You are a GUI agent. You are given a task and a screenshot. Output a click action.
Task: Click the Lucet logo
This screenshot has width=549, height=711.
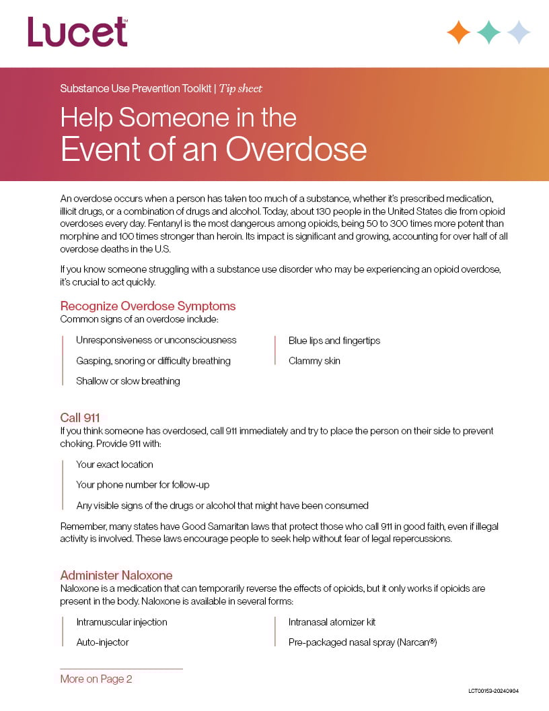point(77,32)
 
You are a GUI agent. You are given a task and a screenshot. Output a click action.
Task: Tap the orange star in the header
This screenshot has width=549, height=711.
point(459,32)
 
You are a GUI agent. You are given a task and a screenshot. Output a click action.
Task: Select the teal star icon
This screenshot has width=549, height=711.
point(488,32)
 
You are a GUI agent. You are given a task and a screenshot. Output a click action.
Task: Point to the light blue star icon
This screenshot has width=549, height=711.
point(518,32)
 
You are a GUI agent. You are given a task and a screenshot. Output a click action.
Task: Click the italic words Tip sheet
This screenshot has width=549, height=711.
point(241,89)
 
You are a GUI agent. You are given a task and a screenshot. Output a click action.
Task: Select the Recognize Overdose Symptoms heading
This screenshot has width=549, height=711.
point(148,306)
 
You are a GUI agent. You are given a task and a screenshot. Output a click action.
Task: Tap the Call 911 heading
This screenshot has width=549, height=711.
point(80,417)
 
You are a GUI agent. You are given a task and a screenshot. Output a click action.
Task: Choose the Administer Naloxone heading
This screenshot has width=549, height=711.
point(116,575)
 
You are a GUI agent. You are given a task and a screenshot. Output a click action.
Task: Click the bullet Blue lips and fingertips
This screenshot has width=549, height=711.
point(334,341)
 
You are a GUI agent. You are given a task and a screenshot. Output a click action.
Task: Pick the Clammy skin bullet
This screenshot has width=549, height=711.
point(314,361)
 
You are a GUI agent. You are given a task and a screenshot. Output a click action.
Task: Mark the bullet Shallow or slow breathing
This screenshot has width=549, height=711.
point(128,381)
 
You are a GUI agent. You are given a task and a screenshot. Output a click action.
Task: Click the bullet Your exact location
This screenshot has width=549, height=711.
point(114,465)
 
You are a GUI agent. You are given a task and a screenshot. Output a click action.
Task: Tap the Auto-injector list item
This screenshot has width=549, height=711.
point(102,642)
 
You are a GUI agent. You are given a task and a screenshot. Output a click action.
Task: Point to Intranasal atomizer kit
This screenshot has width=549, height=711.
point(336,622)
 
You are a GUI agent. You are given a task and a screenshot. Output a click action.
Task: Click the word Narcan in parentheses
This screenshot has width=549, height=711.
point(416,642)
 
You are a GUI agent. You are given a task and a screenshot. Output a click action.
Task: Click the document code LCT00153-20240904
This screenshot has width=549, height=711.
point(493,691)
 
